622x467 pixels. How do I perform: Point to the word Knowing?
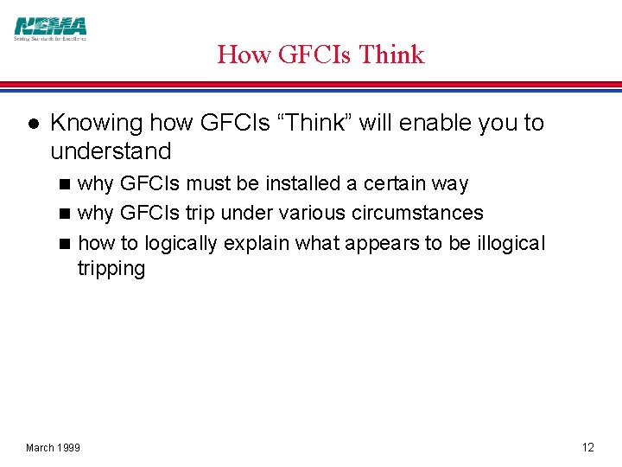[96, 123]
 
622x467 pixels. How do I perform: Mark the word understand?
[111, 151]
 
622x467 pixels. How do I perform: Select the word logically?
[181, 243]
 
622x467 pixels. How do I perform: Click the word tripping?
[111, 268]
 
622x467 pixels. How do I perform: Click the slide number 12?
[588, 447]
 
